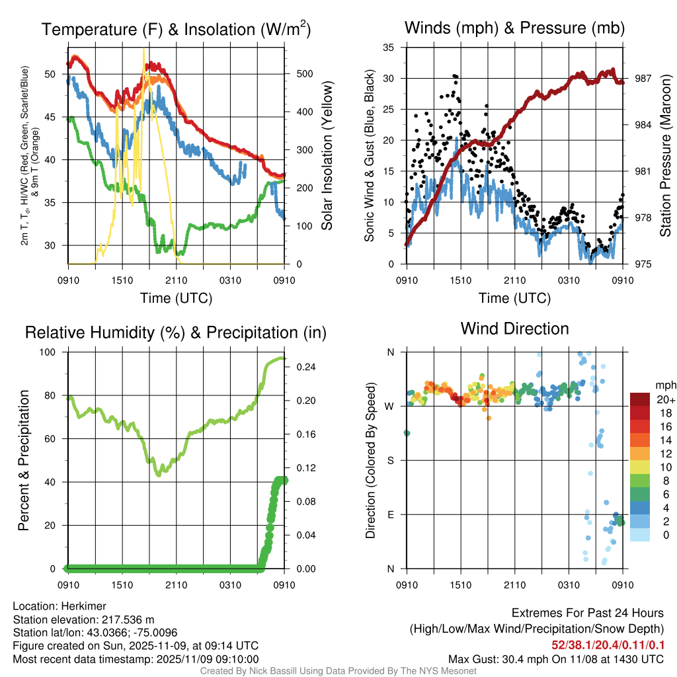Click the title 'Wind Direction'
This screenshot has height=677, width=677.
(x=514, y=329)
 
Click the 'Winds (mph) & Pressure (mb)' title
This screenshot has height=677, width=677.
(x=514, y=28)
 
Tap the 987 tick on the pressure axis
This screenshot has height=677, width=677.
(x=643, y=78)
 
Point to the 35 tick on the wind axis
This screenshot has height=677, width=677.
(x=389, y=48)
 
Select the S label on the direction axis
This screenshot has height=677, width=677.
(x=390, y=460)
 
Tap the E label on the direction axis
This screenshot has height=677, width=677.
(x=390, y=514)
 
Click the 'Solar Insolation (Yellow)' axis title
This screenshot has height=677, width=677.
(x=327, y=156)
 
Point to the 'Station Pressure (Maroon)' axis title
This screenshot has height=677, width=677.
(x=666, y=156)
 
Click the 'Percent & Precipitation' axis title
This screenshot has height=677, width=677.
(x=23, y=460)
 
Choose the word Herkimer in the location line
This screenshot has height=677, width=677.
(x=84, y=606)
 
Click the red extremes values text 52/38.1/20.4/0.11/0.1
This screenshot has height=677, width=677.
(x=608, y=645)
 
